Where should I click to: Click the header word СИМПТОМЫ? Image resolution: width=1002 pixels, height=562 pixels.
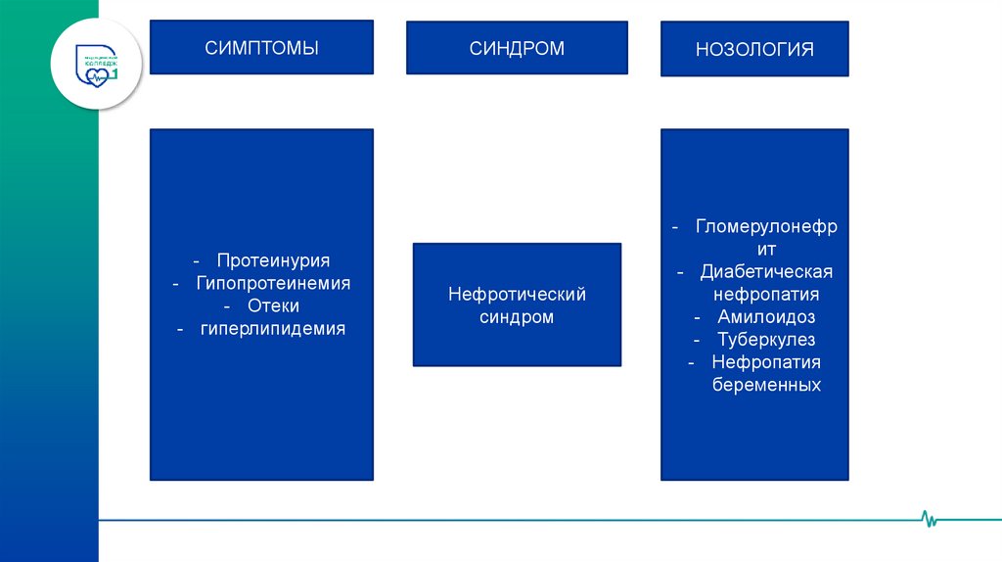pyautogui.click(x=261, y=47)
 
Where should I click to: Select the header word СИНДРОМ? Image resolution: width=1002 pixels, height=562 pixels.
pyautogui.click(x=517, y=48)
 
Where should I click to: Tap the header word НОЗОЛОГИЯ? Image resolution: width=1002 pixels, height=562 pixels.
pyautogui.click(x=754, y=49)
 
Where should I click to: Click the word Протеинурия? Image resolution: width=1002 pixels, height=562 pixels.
pyautogui.click(x=273, y=261)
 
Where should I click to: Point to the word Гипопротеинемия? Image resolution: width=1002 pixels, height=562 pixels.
pyautogui.click(x=273, y=284)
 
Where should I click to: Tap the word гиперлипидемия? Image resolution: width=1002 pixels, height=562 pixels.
pyautogui.click(x=273, y=329)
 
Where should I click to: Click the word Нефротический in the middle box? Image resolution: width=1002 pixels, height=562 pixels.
pyautogui.click(x=517, y=294)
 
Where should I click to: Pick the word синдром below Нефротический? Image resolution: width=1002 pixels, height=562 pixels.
pyautogui.click(x=517, y=317)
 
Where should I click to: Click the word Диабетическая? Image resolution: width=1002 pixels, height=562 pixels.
pyautogui.click(x=766, y=271)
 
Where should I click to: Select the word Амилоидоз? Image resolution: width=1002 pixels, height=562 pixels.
pyautogui.click(x=766, y=317)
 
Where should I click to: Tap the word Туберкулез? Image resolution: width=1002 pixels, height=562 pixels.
pyautogui.click(x=766, y=340)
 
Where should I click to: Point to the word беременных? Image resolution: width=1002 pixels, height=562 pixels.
pyautogui.click(x=766, y=385)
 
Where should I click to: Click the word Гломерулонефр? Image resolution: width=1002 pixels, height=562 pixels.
pyautogui.click(x=766, y=226)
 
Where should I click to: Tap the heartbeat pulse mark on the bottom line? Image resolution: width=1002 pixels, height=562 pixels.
pyautogui.click(x=929, y=518)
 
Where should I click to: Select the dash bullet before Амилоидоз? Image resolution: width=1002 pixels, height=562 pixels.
pyautogui.click(x=697, y=317)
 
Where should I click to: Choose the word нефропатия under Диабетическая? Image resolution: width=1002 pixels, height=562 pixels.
pyautogui.click(x=766, y=294)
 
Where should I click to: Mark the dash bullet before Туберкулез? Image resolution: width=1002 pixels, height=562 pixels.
pyautogui.click(x=696, y=340)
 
